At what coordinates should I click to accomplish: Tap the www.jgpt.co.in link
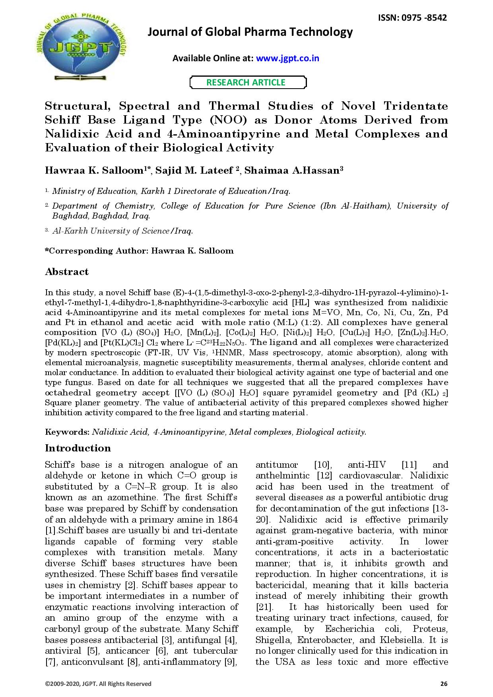pos(287,58)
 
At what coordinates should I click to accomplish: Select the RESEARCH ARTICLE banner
pos(246,82)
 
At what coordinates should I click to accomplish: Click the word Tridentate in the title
pos(415,106)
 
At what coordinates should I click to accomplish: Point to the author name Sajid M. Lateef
pos(195,170)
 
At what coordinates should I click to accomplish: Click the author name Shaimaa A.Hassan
pos(292,170)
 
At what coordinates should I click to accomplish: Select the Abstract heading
pos(66,272)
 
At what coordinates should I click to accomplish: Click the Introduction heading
pos(78,448)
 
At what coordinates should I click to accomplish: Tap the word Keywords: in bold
pos(67,432)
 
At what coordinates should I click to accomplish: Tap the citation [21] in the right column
pos(264,607)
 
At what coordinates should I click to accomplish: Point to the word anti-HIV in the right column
pos(367,465)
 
